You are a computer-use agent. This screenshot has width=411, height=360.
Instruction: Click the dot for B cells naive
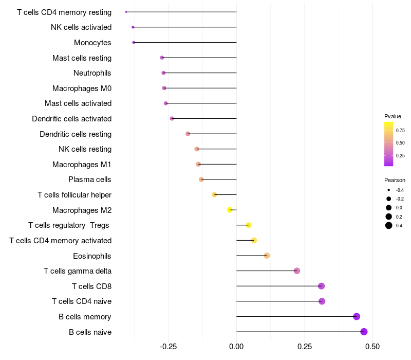(364, 332)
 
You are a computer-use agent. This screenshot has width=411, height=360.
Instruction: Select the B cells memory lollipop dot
(356, 316)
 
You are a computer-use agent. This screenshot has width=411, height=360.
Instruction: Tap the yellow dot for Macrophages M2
(230, 210)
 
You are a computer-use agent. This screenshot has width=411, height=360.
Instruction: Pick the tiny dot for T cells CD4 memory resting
(126, 12)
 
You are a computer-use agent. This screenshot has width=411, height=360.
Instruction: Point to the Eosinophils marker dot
(267, 256)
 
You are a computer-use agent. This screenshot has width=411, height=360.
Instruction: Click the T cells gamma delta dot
(297, 271)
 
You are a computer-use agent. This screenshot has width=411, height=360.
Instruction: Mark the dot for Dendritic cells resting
(188, 134)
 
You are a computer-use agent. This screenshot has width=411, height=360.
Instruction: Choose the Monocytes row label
(92, 43)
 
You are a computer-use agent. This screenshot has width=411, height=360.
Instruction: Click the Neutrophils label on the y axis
(92, 73)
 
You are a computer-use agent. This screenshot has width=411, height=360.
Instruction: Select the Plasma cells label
(89, 179)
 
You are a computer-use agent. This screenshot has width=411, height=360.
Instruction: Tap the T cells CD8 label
(92, 286)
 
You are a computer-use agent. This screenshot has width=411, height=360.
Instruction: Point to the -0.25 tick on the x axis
(168, 347)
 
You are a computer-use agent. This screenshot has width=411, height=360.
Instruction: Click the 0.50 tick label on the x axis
(372, 347)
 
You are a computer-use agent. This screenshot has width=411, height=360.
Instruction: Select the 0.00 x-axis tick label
(236, 347)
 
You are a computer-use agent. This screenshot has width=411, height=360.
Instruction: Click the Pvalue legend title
(393, 116)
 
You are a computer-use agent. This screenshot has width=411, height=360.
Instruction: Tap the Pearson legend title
(395, 180)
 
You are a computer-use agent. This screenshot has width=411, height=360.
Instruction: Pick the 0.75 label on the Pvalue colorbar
(400, 131)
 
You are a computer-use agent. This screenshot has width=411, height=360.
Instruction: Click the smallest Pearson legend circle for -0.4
(389, 190)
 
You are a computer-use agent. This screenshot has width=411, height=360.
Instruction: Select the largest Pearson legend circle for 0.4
(389, 225)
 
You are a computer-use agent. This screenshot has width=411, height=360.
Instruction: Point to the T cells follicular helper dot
(214, 195)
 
